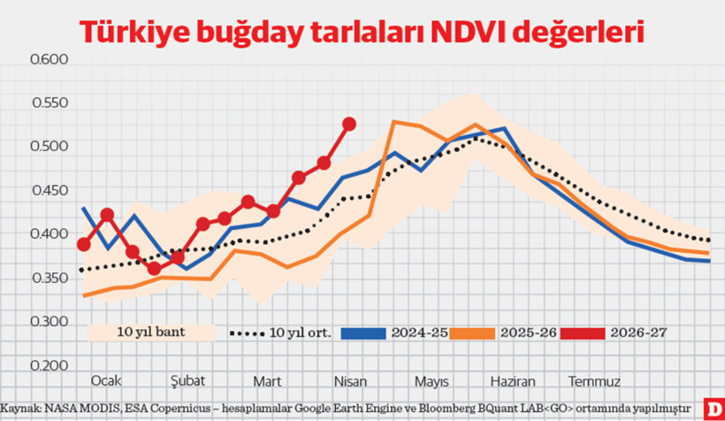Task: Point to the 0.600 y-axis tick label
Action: click(50, 60)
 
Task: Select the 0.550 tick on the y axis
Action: click(50, 103)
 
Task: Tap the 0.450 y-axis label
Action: click(50, 190)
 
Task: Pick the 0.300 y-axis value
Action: click(50, 321)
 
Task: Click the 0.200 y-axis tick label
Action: click(50, 364)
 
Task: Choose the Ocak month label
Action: click(106, 380)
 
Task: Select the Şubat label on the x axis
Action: click(187, 380)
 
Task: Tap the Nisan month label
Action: click(350, 380)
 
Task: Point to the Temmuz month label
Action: click(593, 380)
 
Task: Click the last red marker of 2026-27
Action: click(349, 124)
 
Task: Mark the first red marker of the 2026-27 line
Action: click(84, 244)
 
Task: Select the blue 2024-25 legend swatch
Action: click(362, 333)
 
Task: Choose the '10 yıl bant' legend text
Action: click(148, 333)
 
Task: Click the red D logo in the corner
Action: click(714, 408)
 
